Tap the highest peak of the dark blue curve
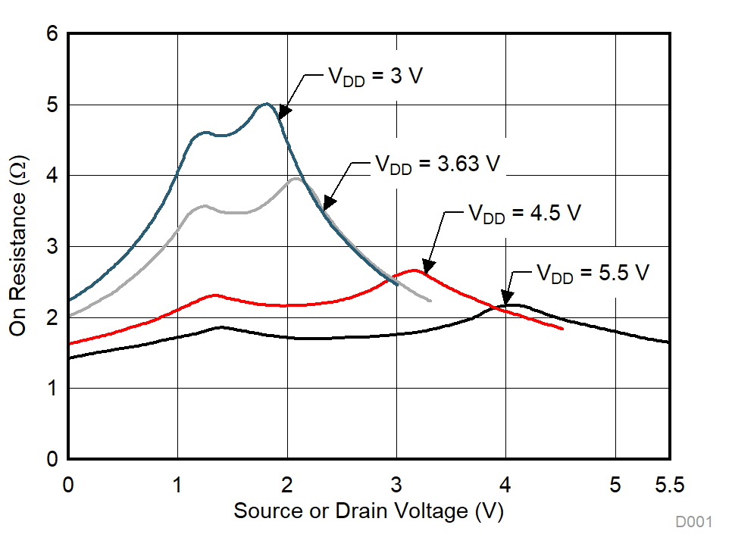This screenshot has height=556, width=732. [x=266, y=104]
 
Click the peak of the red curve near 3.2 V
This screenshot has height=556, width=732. [x=414, y=270]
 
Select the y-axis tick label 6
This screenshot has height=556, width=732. [x=52, y=34]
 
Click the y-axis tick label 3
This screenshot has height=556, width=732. [x=52, y=247]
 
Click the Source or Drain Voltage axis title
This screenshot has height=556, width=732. [x=368, y=511]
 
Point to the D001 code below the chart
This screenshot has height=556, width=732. [x=694, y=522]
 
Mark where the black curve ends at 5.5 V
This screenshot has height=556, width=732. [x=668, y=342]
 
